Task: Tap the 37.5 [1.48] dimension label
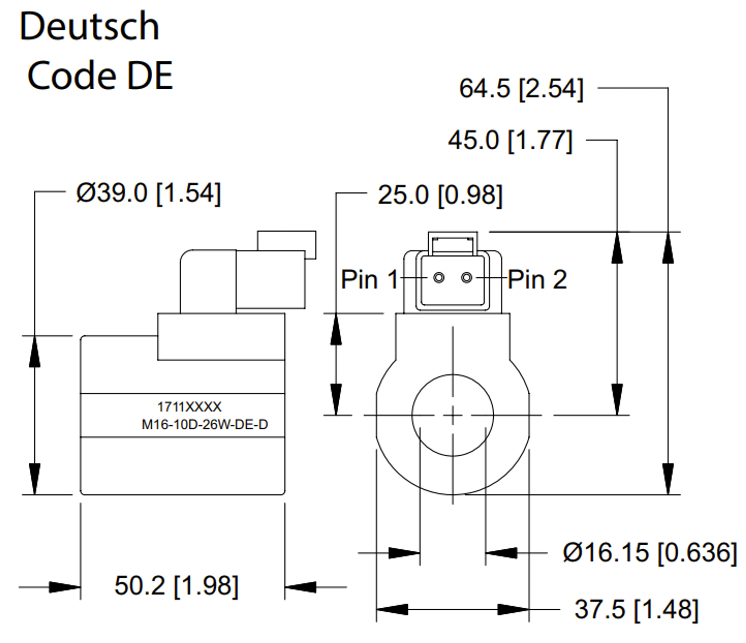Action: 636,610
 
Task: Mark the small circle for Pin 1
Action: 439,278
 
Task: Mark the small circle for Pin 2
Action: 467,278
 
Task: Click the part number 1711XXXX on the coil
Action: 189,407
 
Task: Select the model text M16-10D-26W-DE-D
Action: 205,425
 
